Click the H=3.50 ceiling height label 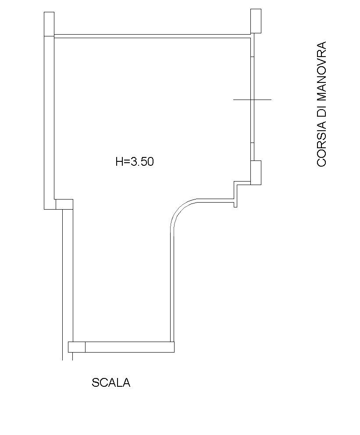[x=135, y=161]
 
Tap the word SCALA [x=111, y=383]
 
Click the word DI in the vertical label [x=321, y=109]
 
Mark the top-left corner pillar [x=49, y=24]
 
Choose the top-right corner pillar [x=256, y=21]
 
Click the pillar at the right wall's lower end [x=256, y=173]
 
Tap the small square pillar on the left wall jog [x=64, y=204]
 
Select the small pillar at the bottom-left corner [x=77, y=347]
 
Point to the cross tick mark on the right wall [x=253, y=99]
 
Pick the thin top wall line [x=152, y=36]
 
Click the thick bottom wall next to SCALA [x=130, y=347]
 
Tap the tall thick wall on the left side [x=49, y=122]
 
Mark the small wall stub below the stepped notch [x=235, y=203]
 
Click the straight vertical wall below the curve [x=172, y=284]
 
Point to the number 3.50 [x=142, y=161]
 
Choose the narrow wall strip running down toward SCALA [x=68, y=285]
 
